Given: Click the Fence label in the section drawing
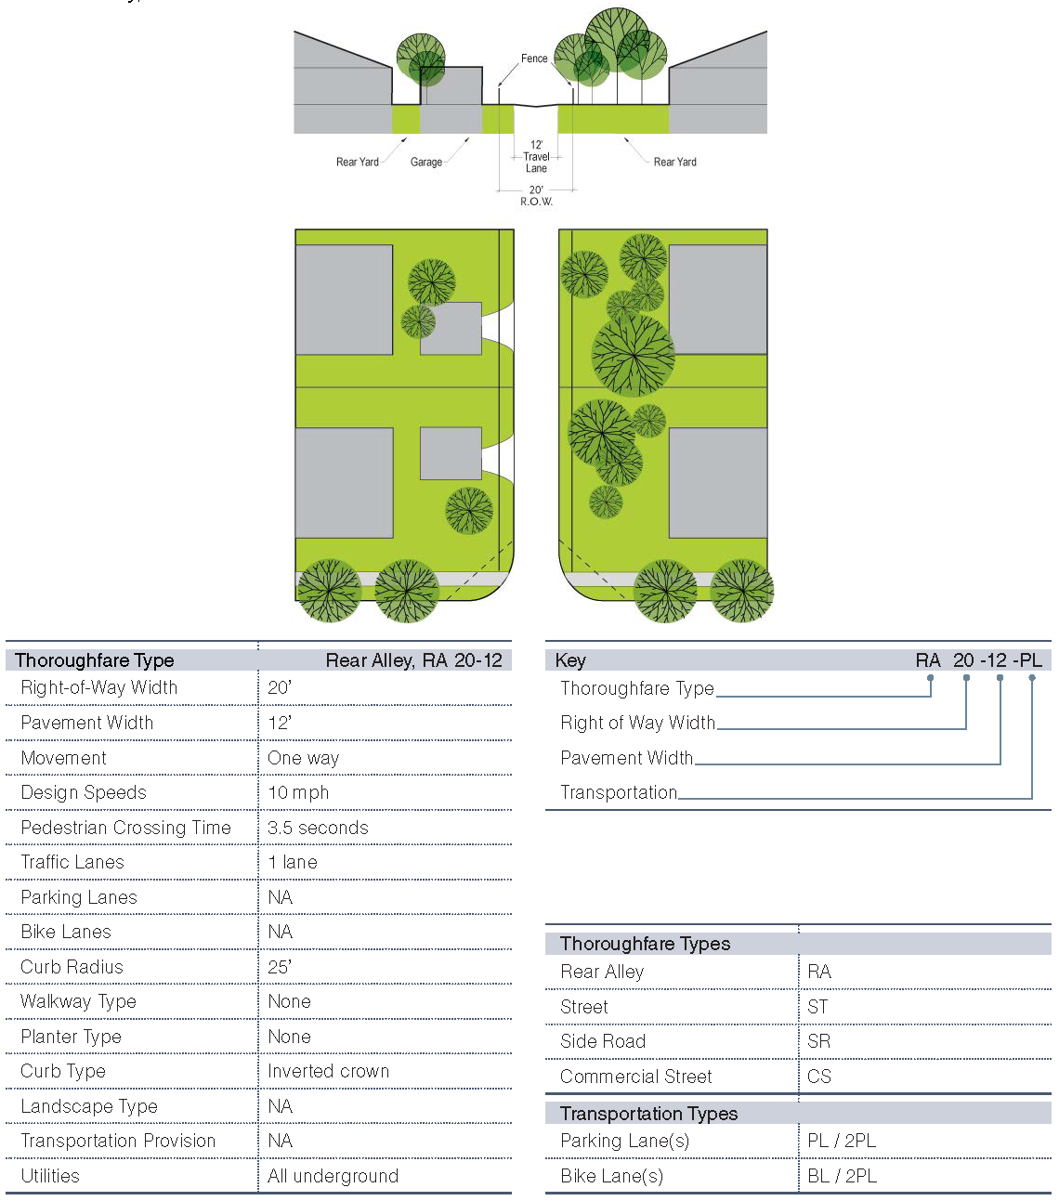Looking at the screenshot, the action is pos(534,59).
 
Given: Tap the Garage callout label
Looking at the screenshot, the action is pos(426,163).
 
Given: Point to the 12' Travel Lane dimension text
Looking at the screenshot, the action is pos(536,157).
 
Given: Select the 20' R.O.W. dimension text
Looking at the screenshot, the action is pos(536,196).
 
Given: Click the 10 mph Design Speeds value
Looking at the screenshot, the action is pos(298,793).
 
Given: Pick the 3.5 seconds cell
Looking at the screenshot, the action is pos(318,828).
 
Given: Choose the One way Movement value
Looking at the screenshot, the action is pos(303,758).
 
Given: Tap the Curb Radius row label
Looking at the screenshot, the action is pos(72,967).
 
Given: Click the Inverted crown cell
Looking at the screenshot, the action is pos(328,1071).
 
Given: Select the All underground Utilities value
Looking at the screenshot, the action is pos(333,1176).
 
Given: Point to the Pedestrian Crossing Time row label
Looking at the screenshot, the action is pos(125,828).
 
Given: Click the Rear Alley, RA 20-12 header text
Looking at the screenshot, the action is pos(413,660).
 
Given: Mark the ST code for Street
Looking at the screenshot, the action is pos(817,1007).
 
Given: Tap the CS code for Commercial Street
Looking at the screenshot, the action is pos(819,1077).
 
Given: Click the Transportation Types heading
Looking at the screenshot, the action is pos(648,1114).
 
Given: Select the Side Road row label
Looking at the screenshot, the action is pos(603,1041).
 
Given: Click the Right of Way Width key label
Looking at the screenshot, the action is pos(637,723).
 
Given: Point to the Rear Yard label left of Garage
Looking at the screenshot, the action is pos(358,163).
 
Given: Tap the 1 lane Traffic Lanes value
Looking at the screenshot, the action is pos(293,862).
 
